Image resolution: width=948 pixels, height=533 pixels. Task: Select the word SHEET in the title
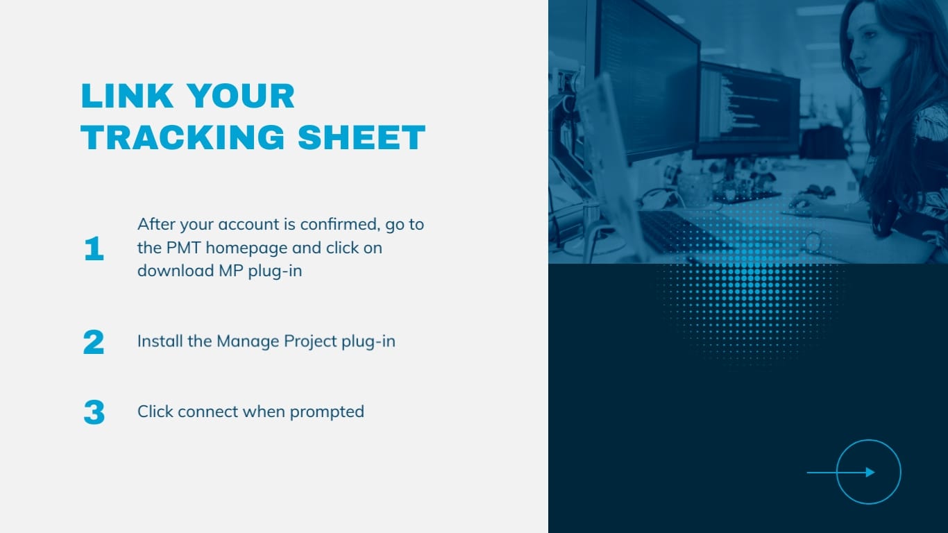coord(362,137)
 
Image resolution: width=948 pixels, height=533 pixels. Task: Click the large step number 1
coord(94,249)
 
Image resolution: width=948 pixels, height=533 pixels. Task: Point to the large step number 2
coord(94,342)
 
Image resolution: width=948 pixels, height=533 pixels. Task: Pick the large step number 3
coord(94,412)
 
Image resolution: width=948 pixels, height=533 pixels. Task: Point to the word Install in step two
coord(160,341)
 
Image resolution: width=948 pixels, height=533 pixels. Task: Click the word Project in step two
coord(311,341)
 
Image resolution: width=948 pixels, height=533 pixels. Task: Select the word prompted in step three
coord(327,412)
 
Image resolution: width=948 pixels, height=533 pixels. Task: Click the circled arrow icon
coord(868,472)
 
